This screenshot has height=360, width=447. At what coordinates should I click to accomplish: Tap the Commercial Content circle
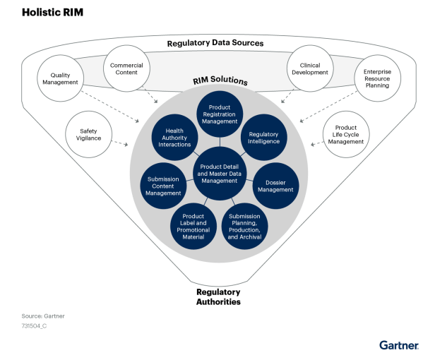tap(127, 69)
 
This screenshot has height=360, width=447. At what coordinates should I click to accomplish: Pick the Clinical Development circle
tap(309, 68)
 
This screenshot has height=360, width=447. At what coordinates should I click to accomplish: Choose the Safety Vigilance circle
tap(89, 134)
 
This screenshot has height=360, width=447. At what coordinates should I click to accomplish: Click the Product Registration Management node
tap(220, 114)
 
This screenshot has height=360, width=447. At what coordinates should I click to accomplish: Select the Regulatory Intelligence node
tap(263, 137)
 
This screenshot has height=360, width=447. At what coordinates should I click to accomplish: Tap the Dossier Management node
tap(275, 186)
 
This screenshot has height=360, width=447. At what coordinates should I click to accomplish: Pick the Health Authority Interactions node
tap(174, 137)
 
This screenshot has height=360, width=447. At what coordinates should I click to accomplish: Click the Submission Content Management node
tap(163, 186)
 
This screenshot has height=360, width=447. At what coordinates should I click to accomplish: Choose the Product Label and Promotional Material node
tap(193, 226)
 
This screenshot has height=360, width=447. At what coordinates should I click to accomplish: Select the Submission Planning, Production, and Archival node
tap(245, 226)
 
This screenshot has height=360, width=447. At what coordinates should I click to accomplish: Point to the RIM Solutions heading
tap(219, 81)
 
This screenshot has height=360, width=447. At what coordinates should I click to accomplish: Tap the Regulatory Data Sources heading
tap(215, 43)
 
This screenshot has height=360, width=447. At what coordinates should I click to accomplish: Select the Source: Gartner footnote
tap(44, 316)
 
